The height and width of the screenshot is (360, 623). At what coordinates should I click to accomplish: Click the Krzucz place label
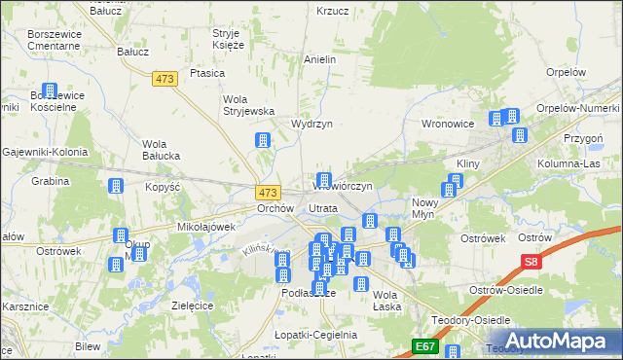[333, 12]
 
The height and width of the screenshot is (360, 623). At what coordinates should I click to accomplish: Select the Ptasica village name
[208, 73]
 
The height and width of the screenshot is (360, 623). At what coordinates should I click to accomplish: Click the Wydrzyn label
[312, 125]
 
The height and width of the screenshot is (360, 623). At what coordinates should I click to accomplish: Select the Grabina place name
[50, 181]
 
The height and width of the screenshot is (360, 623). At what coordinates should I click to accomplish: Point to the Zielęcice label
[193, 305]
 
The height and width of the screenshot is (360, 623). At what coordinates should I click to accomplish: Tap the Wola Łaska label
[386, 300]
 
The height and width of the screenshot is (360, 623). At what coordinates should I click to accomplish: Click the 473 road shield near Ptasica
[165, 78]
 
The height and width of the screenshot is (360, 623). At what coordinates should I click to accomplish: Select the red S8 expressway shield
[530, 261]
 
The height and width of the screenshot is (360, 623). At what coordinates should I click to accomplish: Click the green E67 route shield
[424, 345]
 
